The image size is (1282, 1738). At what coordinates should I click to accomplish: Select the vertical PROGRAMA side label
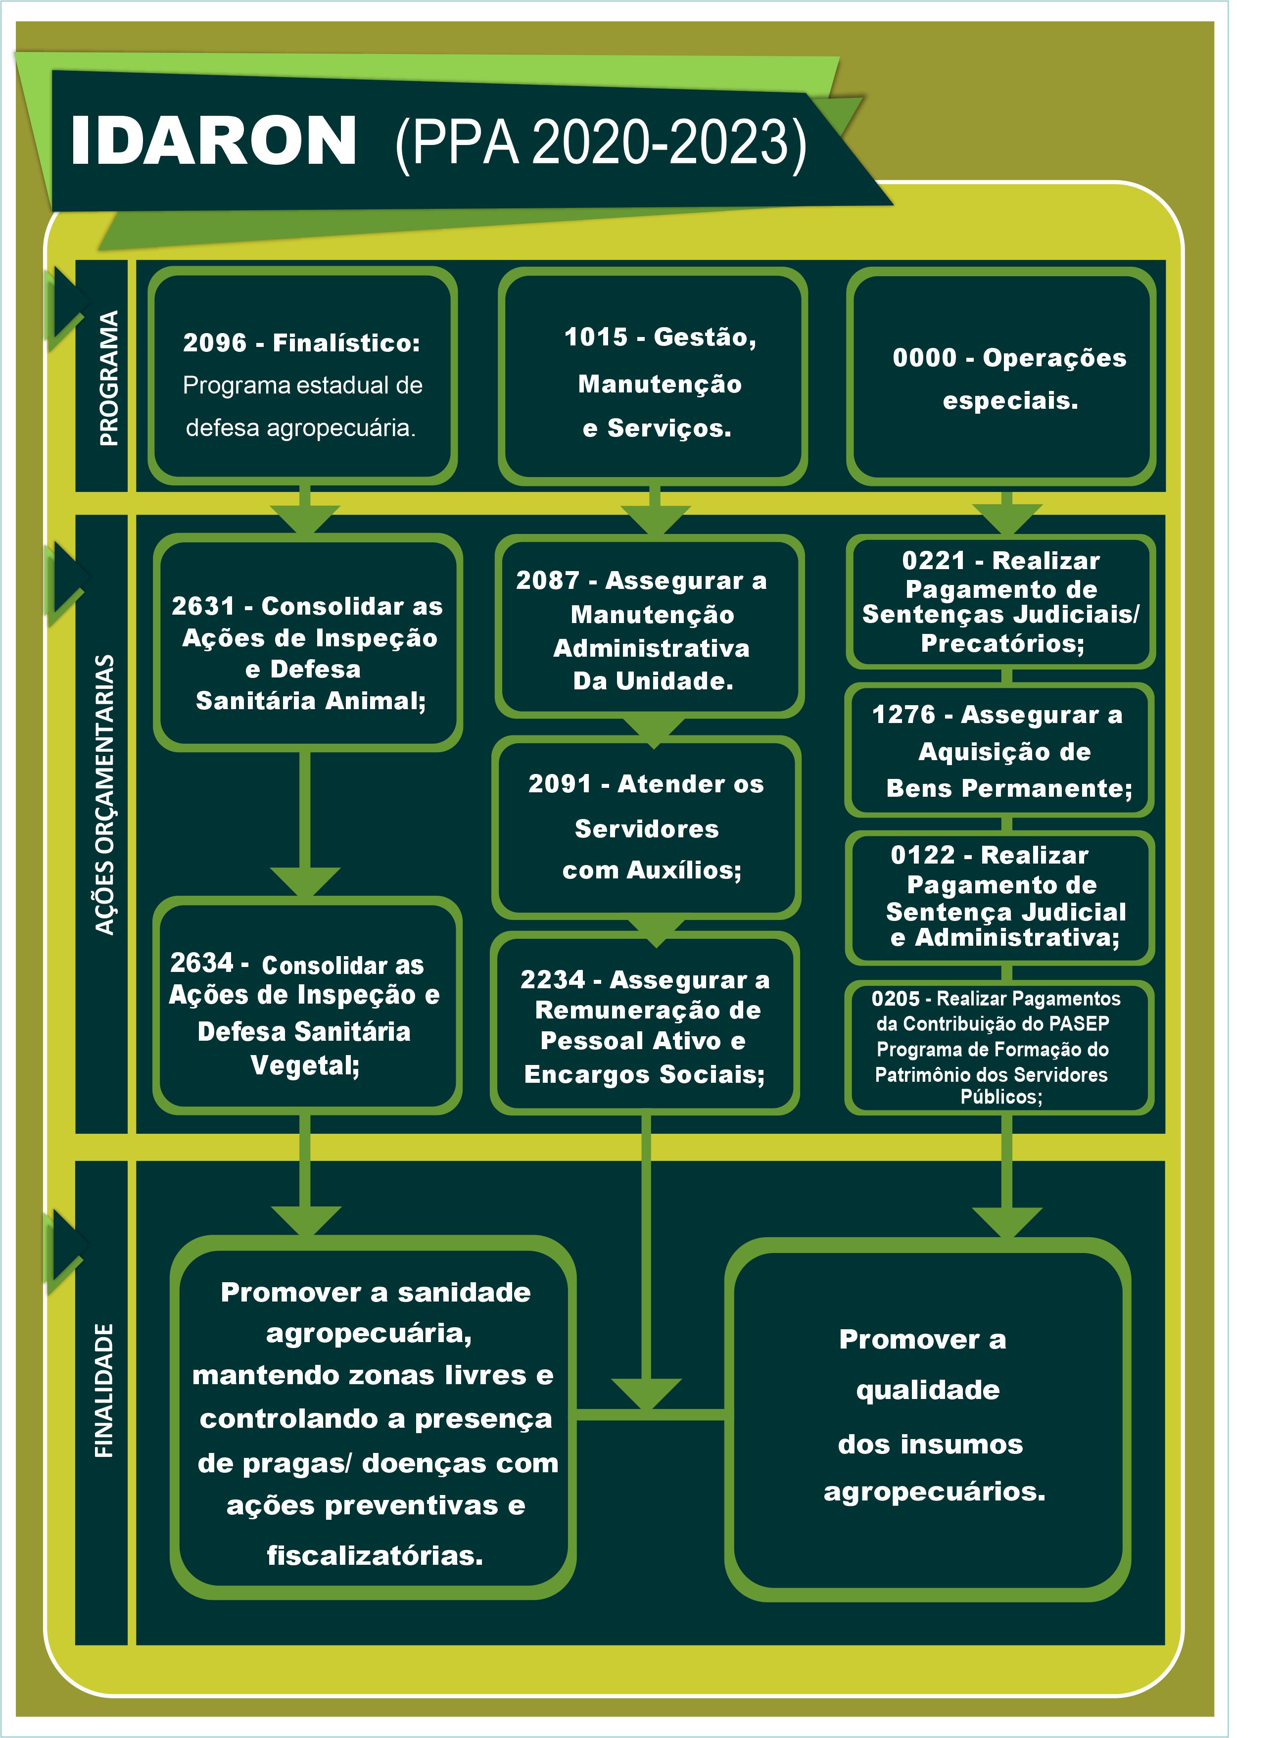pyautogui.click(x=109, y=378)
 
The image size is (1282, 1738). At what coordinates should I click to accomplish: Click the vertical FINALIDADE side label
pyautogui.click(x=104, y=1390)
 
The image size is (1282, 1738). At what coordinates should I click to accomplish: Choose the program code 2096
pyautogui.click(x=214, y=342)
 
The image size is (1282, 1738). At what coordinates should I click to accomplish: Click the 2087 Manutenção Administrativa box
pyautogui.click(x=650, y=626)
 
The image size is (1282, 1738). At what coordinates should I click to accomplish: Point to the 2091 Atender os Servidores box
pyautogui.click(x=646, y=827)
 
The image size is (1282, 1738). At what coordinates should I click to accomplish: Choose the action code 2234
pyautogui.click(x=553, y=980)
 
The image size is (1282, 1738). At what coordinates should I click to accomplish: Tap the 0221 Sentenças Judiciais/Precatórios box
pyautogui.click(x=1000, y=602)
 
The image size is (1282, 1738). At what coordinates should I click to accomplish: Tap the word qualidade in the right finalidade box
pyautogui.click(x=928, y=1390)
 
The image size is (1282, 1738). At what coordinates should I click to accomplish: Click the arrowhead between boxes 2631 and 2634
pyautogui.click(x=305, y=882)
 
